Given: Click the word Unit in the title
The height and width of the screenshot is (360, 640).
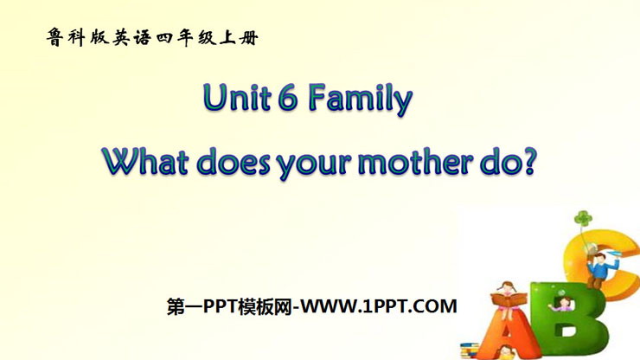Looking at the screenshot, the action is pyautogui.click(x=237, y=97).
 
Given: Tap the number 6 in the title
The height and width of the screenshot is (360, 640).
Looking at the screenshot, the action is pyautogui.click(x=288, y=98).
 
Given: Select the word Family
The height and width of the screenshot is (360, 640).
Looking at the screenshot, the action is pyautogui.click(x=361, y=100).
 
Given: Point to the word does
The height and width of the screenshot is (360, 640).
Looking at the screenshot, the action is pyautogui.click(x=234, y=162).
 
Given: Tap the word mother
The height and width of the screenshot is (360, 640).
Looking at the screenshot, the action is pyautogui.click(x=415, y=162).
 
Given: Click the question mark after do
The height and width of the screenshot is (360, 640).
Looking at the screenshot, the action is pyautogui.click(x=528, y=162).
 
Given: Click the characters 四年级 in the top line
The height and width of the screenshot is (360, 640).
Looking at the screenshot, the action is pyautogui.click(x=186, y=37).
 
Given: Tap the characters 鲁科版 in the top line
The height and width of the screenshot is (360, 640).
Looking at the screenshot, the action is pyautogui.click(x=78, y=37).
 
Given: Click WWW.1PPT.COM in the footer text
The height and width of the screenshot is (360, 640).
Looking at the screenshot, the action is pyautogui.click(x=379, y=306).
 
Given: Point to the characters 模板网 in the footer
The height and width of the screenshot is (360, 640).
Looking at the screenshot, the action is pyautogui.click(x=265, y=306).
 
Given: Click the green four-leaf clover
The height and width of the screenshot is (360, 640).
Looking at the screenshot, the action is pyautogui.click(x=583, y=219).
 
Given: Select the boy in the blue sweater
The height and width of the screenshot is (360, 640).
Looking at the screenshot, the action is pyautogui.click(x=598, y=269).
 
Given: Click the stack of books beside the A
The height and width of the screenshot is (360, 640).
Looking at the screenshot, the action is pyautogui.click(x=470, y=350).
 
